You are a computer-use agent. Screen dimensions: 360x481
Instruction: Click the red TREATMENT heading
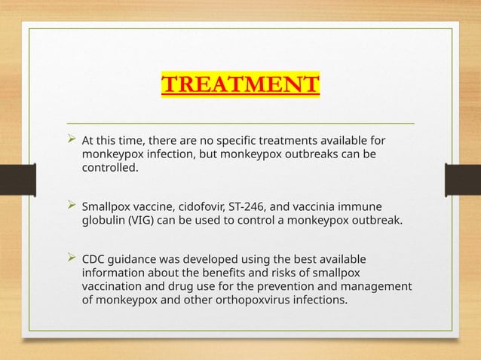tap(240, 84)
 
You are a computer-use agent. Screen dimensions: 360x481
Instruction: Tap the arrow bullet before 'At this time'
tap(72, 140)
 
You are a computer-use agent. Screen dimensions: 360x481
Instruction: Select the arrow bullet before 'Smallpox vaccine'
tap(72, 206)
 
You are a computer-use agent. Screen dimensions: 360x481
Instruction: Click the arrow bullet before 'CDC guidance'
tap(72, 258)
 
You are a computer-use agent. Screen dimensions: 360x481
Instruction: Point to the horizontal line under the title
tap(240, 122)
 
